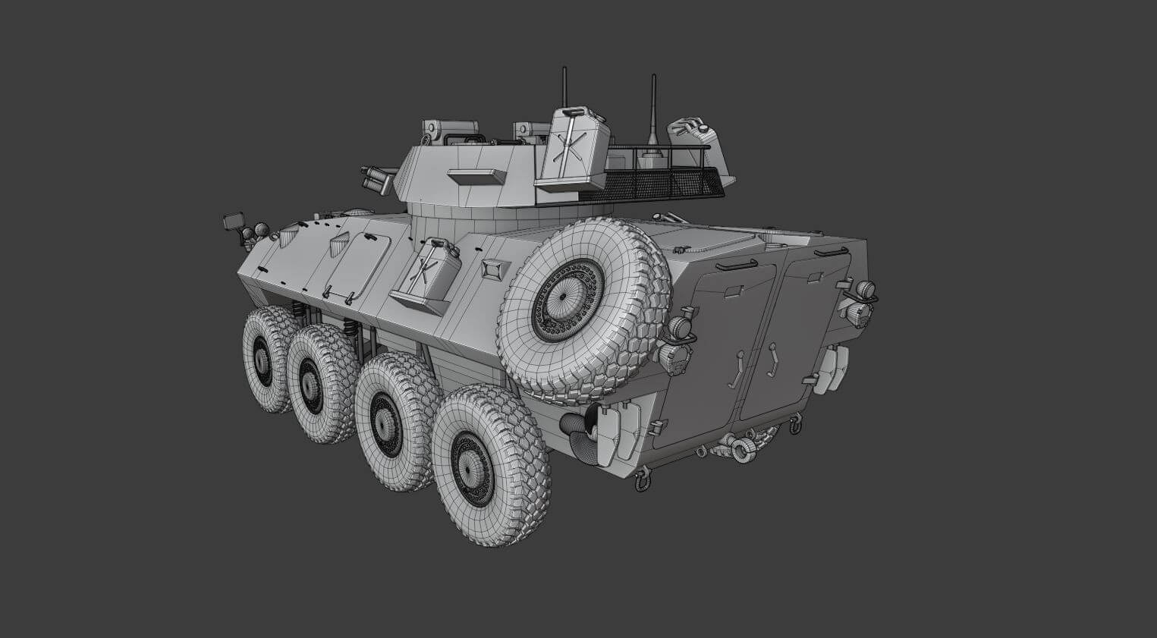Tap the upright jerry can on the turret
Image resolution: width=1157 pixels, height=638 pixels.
pos(574,149)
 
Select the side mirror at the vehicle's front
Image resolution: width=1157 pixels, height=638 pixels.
pos(233,222)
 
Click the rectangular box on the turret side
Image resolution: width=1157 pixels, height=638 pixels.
pos(476,177)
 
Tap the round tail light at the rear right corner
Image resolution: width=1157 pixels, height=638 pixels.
pos(865,288)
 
